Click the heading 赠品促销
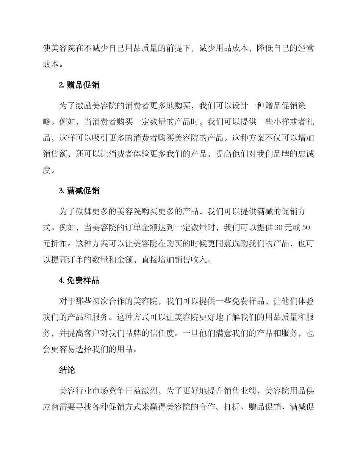point(83,85)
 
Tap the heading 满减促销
point(83,191)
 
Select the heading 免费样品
point(83,281)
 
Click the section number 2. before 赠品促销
point(61,85)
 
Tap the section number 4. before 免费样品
point(61,281)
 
